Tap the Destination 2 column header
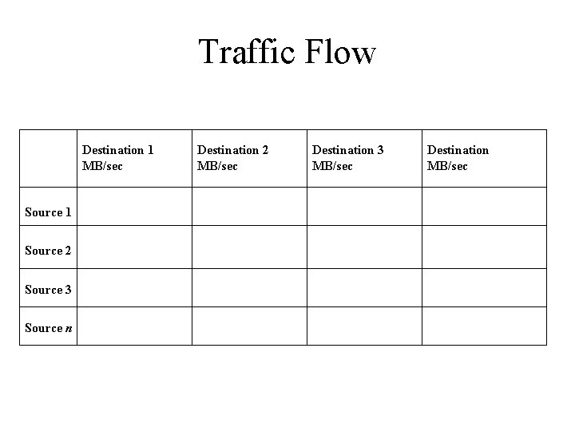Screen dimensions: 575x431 232,150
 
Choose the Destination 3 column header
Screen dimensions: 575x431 347,150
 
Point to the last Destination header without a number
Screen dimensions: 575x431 458,150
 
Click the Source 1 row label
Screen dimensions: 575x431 48,212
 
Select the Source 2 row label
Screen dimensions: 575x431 48,251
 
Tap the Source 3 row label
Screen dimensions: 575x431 48,290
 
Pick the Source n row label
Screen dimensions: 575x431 48,328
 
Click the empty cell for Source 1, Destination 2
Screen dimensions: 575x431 249,207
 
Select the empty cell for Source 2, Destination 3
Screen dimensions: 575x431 364,247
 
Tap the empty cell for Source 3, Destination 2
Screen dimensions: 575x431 249,288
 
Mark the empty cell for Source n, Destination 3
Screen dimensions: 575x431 364,326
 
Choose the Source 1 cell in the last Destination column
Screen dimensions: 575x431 484,207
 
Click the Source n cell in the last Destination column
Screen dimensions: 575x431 484,326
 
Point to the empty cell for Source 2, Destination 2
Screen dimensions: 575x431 249,247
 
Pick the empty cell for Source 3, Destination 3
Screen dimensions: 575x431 364,288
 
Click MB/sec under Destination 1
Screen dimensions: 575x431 103,166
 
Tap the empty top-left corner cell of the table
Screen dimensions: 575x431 48,158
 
